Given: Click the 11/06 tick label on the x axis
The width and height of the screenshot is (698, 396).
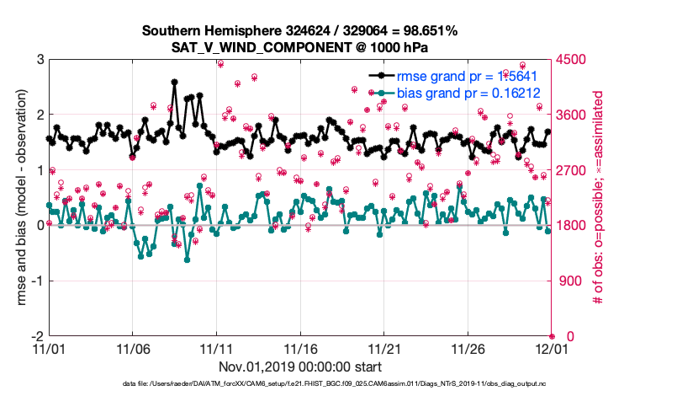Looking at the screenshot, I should coord(132,348).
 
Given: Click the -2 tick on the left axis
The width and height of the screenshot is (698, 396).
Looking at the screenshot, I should coord(38,336).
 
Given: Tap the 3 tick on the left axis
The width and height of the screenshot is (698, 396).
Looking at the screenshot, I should coord(40,60).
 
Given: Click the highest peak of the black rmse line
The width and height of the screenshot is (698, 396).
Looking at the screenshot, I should coord(174,82).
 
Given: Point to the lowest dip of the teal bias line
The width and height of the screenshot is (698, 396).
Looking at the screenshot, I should coord(187,260).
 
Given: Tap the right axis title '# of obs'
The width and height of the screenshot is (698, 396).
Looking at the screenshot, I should coord(599,198).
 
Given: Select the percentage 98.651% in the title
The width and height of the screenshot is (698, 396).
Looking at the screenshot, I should coord(425,31).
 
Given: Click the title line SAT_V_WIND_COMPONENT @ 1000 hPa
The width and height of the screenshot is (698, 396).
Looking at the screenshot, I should coord(300,47).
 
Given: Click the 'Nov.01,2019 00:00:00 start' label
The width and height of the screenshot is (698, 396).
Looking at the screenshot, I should coord(300,367).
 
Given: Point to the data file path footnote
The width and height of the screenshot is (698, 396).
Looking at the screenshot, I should coord(300,384).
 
